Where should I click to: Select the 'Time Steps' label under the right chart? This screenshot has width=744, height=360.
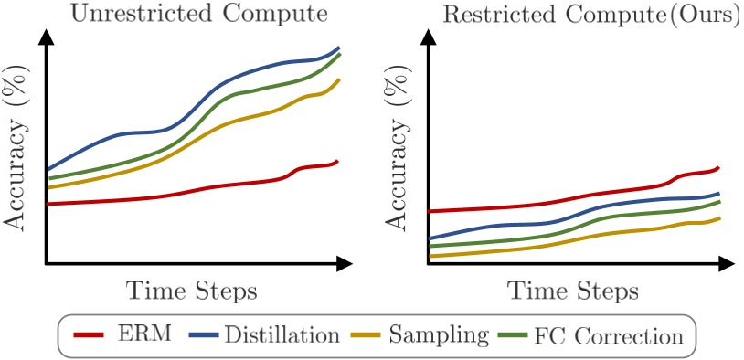pyautogui.click(x=573, y=291)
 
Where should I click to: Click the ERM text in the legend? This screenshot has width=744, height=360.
pyautogui.click(x=144, y=334)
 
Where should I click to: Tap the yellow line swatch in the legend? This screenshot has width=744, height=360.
pyautogui.click(x=366, y=334)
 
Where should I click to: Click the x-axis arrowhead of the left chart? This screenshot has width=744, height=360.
pyautogui.click(x=345, y=264)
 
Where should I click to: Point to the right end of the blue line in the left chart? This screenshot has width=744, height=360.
pyautogui.click(x=339, y=48)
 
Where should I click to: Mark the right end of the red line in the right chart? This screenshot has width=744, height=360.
pyautogui.click(x=719, y=167)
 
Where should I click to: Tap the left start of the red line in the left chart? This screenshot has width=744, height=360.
pyautogui.click(x=48, y=204)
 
